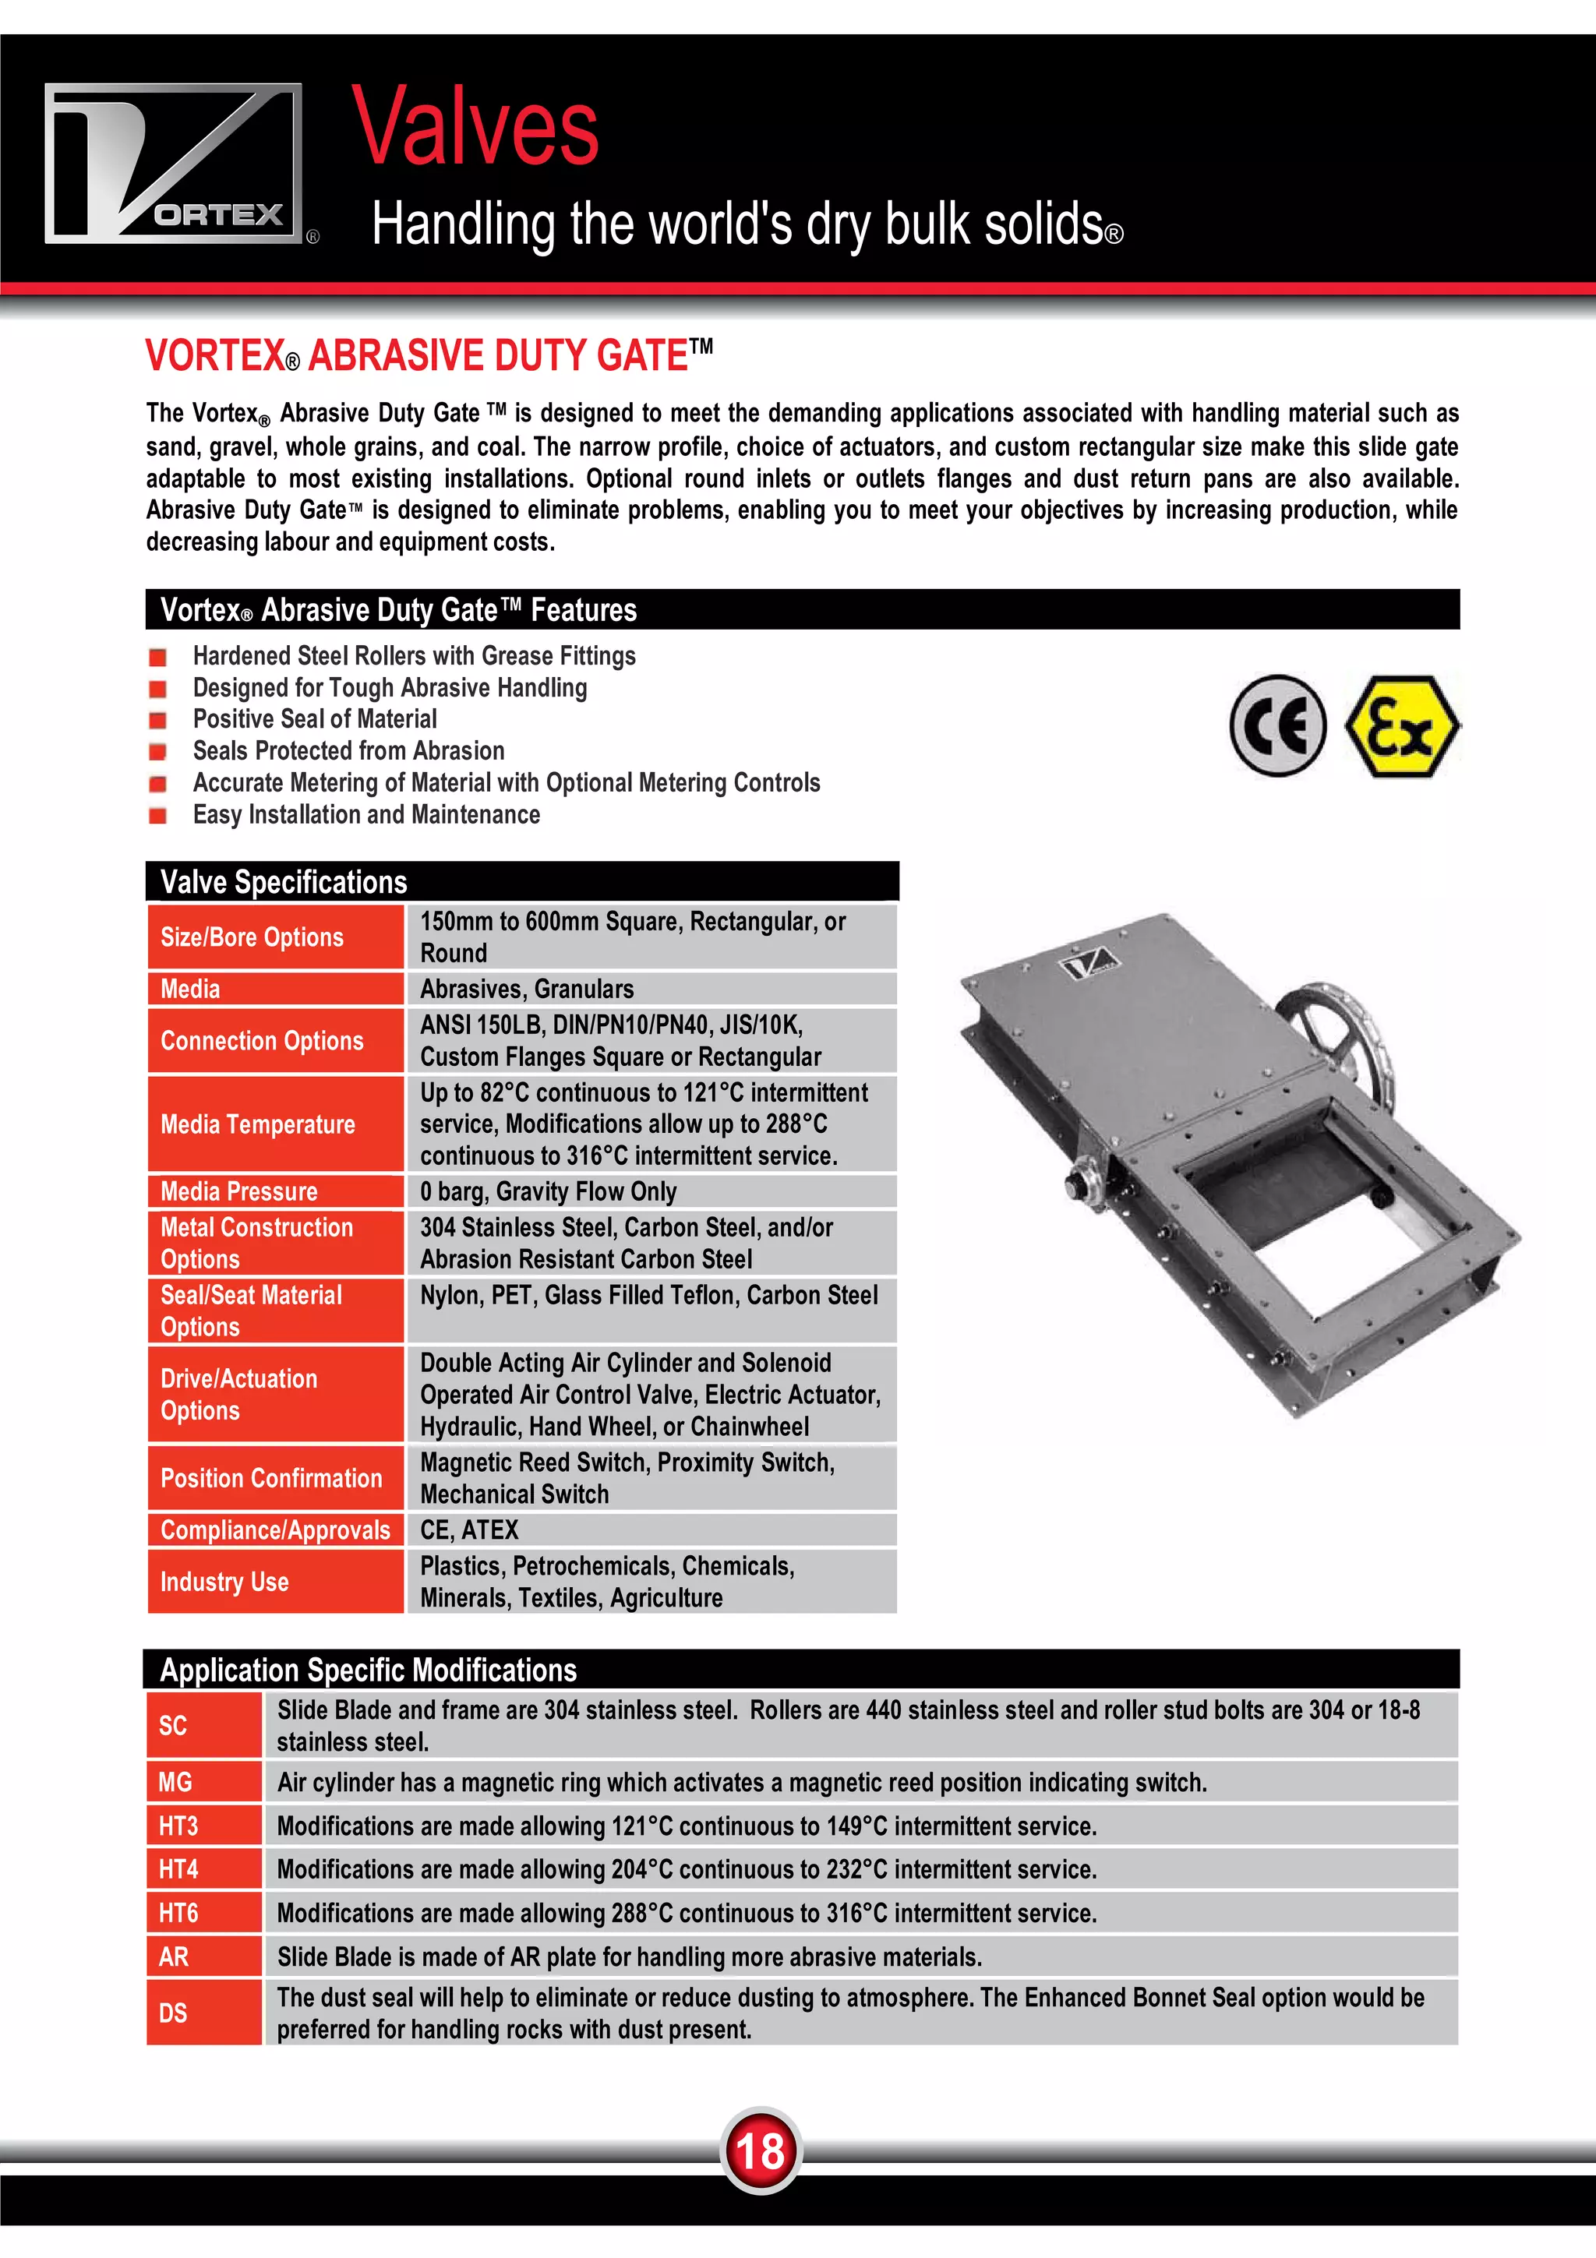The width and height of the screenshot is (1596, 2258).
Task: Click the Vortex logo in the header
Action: (174, 164)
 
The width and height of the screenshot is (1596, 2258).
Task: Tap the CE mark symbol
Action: (1277, 726)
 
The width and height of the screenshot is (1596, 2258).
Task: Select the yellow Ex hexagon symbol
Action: (1400, 727)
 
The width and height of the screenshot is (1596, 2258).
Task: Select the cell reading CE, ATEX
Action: (651, 1529)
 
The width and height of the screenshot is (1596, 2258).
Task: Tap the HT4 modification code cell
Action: (203, 1868)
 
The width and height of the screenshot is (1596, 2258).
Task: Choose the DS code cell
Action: (203, 2012)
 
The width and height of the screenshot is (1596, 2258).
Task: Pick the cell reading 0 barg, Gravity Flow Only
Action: (651, 1191)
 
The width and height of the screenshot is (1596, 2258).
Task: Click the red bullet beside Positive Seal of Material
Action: (157, 720)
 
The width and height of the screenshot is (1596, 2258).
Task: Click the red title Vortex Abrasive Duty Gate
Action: (429, 356)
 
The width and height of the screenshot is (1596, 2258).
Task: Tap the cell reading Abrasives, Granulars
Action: (651, 989)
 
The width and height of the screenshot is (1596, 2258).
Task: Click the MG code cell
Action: (203, 1782)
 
